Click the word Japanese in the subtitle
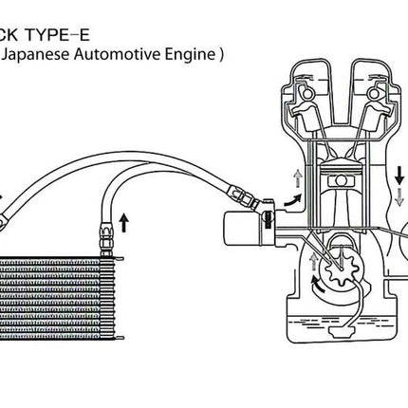point(37,54)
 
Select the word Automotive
point(118,54)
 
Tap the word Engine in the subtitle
point(190,54)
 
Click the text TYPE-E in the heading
point(58,35)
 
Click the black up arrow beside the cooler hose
point(124,223)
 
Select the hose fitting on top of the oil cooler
point(105,240)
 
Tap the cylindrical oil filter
point(243,228)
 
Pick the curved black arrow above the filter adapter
point(293,201)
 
